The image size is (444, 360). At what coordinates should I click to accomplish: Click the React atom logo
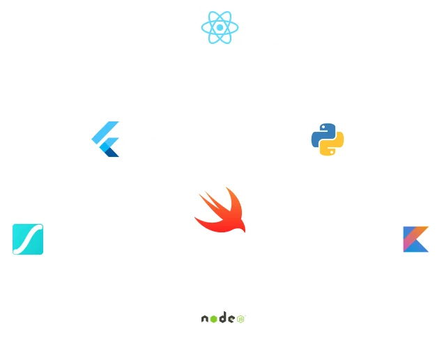pos(220,27)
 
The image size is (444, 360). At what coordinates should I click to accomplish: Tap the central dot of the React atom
pos(220,28)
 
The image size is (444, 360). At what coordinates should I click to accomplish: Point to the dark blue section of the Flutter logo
pos(109,151)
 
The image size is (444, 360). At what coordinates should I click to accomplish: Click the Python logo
pos(326,137)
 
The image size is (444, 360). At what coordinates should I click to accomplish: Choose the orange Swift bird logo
pos(219,210)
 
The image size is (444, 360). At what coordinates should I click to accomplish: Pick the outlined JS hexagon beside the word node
pos(240,319)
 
